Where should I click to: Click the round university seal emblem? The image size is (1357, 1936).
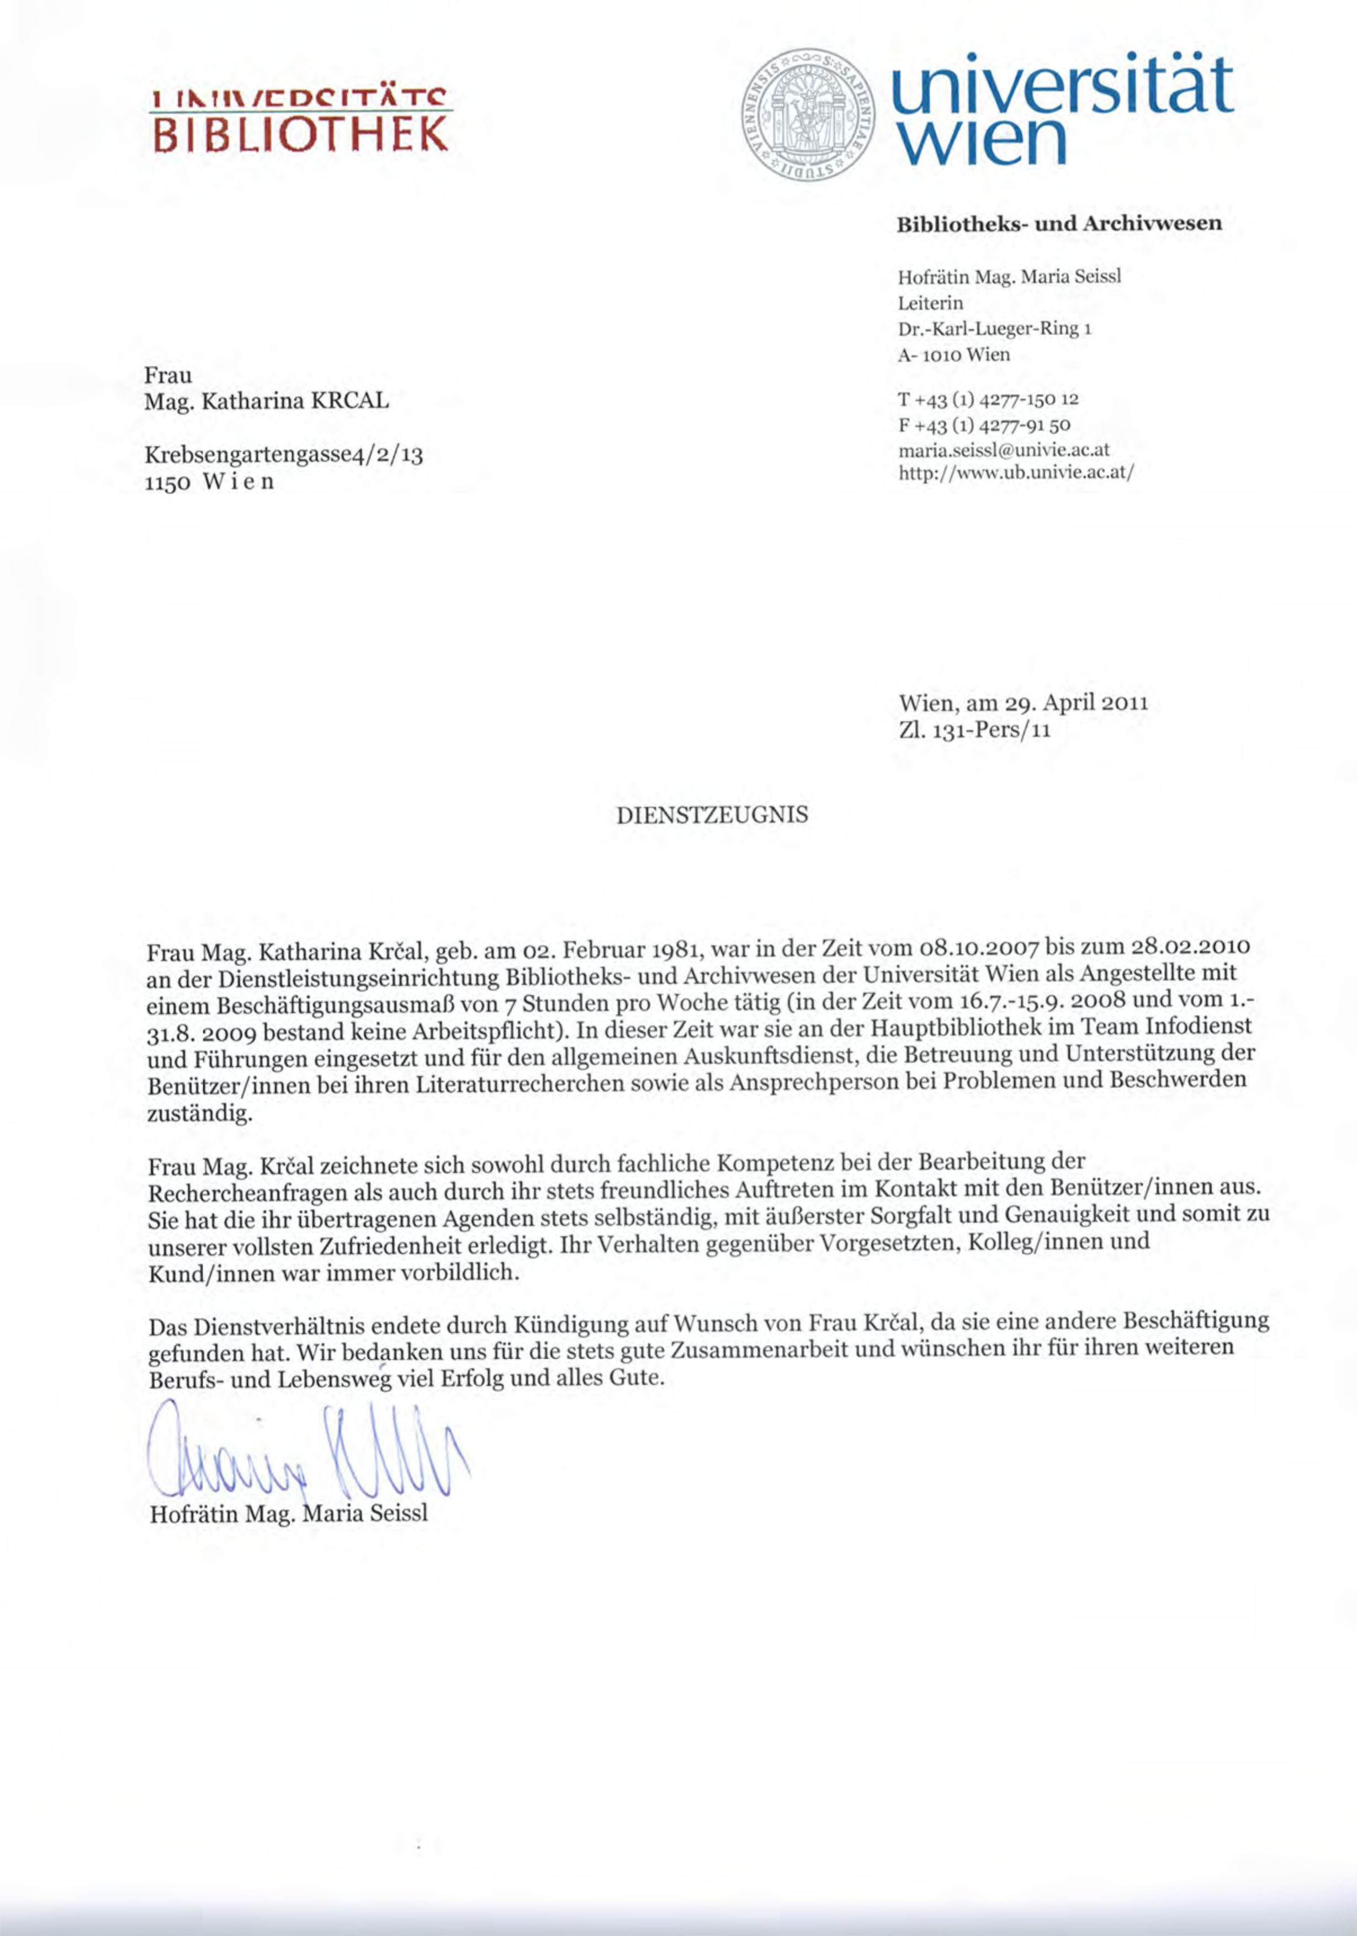point(808,115)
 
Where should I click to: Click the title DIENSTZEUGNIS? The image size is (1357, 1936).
point(713,815)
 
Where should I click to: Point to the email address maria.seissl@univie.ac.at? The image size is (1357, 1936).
point(1004,450)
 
